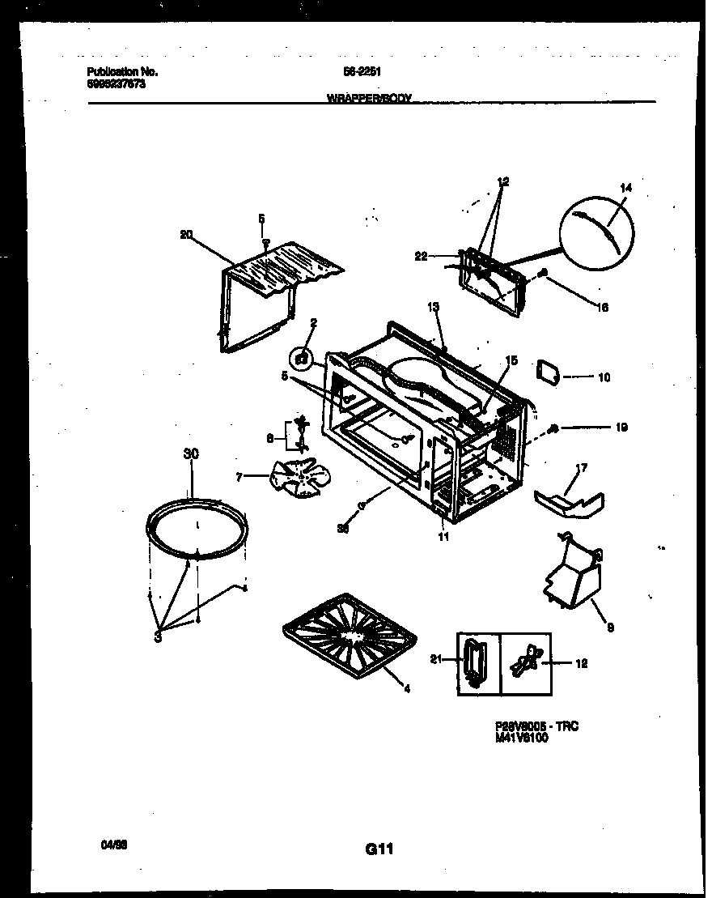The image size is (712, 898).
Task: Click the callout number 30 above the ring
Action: click(191, 455)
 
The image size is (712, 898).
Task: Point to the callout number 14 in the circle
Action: click(625, 188)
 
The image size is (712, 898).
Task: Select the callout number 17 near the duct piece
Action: click(581, 467)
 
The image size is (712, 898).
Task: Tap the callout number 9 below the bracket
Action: click(610, 627)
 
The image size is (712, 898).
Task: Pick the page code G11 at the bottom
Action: click(379, 849)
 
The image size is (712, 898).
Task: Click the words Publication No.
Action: click(121, 72)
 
